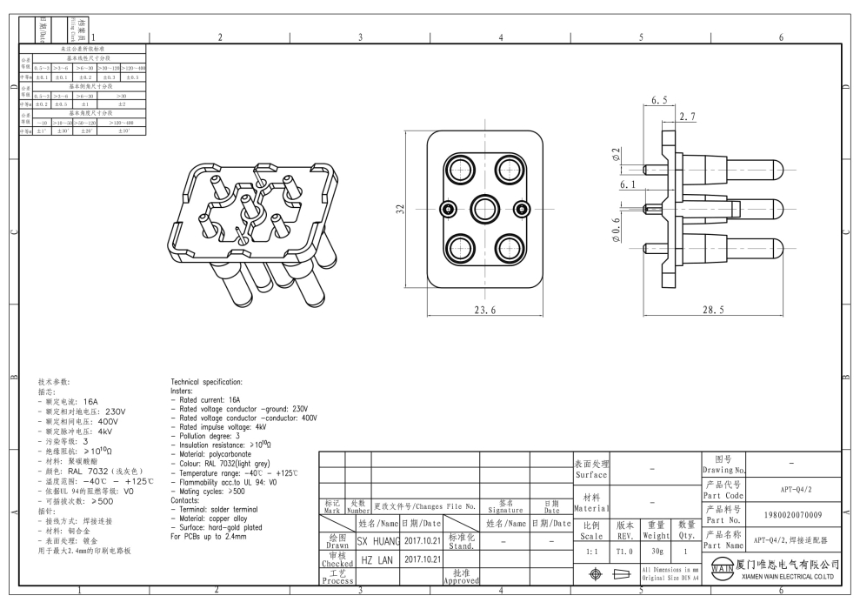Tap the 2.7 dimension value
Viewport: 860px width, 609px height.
[687, 116]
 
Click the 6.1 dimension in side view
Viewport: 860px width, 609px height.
[627, 185]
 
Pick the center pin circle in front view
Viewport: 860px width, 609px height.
[484, 209]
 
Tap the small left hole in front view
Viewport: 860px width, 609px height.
[448, 209]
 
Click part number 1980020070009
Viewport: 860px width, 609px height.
[792, 514]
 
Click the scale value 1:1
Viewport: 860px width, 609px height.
[592, 552]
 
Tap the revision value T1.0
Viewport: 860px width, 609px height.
[624, 552]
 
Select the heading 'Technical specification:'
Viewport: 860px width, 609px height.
[206, 382]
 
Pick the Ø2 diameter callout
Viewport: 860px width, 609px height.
[616, 156]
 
